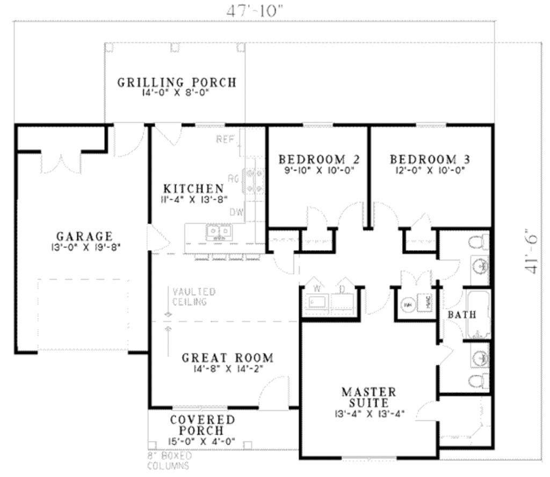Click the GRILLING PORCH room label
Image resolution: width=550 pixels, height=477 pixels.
pyautogui.click(x=177, y=82)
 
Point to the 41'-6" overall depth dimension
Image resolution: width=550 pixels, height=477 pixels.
pyautogui.click(x=533, y=253)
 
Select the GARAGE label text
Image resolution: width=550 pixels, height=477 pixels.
pyautogui.click(x=85, y=236)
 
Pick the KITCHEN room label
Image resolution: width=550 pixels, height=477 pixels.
pyautogui.click(x=193, y=188)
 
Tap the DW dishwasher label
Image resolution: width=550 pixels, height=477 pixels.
pyautogui.click(x=236, y=212)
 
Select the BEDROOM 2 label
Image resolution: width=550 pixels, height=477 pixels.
pyautogui.click(x=319, y=159)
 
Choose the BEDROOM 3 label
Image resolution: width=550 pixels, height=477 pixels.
pyautogui.click(x=430, y=159)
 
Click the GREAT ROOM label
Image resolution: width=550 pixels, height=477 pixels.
pyautogui.click(x=227, y=358)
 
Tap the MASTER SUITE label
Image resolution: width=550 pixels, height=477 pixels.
pyautogui.click(x=369, y=397)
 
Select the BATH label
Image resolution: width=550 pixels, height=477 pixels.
pyautogui.click(x=462, y=315)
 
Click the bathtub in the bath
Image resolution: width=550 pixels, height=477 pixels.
pyautogui.click(x=478, y=315)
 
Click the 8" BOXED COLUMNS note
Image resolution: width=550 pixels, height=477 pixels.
pyautogui.click(x=169, y=460)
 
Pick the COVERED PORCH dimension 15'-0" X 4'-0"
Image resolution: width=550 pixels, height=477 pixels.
pyautogui.click(x=194, y=442)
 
